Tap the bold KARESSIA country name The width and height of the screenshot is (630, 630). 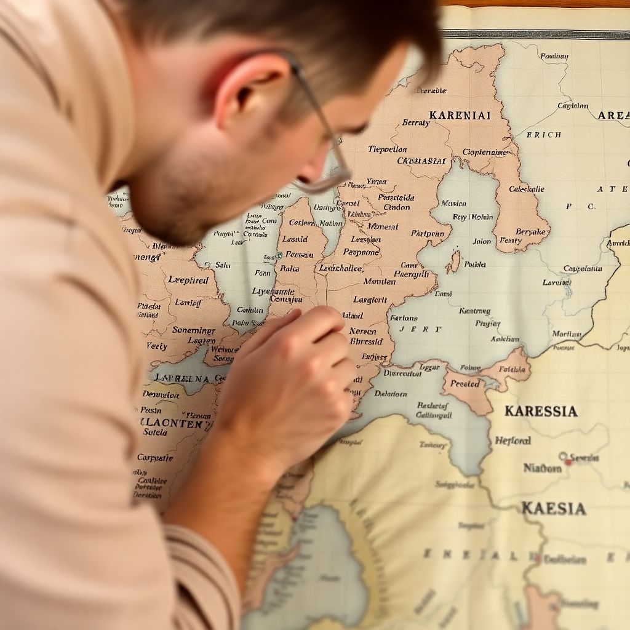[541, 411]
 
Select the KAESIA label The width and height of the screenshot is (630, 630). [553, 509]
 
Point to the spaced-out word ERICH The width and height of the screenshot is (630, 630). [543, 135]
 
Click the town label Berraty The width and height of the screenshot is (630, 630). [416, 123]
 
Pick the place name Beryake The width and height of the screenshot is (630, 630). [530, 231]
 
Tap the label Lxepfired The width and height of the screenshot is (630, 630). [188, 280]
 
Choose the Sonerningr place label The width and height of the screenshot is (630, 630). [194, 330]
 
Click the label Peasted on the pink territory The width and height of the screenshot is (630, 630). [465, 384]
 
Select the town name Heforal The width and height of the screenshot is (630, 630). [512, 441]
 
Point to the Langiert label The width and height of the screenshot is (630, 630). [370, 300]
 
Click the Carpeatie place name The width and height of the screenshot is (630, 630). [155, 458]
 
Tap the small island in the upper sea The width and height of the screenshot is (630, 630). [454, 261]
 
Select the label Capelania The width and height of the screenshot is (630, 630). [582, 268]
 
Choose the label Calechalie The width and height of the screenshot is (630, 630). [527, 189]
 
